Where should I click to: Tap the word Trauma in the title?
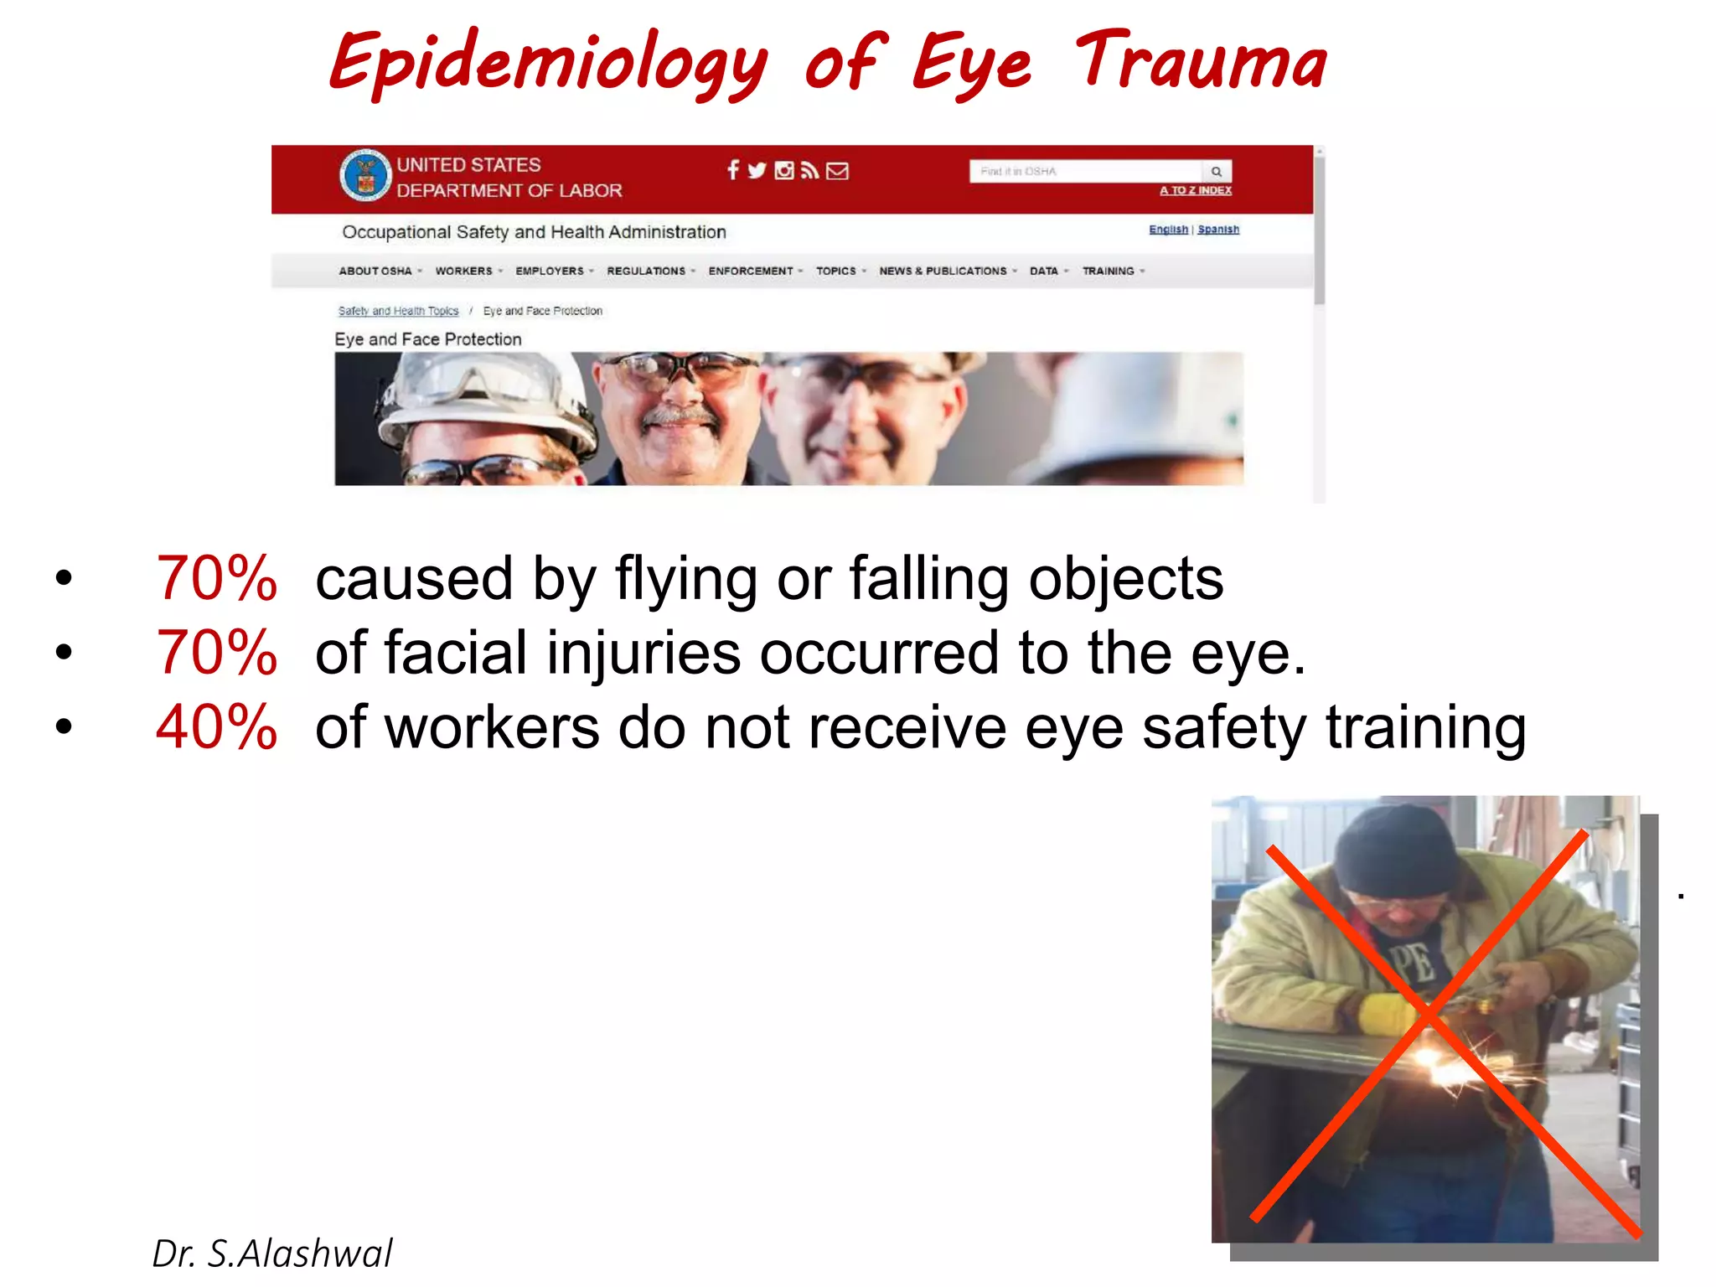pos(1200,60)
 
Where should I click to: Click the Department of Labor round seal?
pos(365,175)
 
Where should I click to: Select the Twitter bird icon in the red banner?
pos(757,171)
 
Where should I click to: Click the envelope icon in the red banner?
pos(837,171)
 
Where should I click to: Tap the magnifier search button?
pos(1217,172)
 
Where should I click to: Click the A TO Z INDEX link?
pos(1195,190)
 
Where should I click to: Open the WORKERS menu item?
pos(463,271)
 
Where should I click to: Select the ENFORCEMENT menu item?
pos(750,271)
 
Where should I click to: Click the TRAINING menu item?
pos(1108,271)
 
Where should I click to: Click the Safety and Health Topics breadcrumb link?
pos(398,311)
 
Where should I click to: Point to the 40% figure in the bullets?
pos(216,726)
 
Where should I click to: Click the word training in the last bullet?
pos(1425,726)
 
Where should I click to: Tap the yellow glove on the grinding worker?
pos(1387,1014)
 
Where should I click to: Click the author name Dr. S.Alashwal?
pos(272,1253)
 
